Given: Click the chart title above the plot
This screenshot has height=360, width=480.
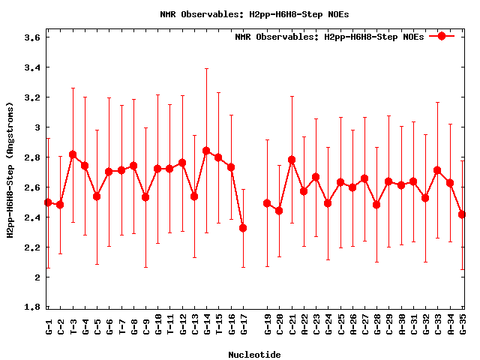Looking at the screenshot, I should point(254,13).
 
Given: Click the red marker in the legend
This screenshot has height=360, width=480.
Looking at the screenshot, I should point(442,36).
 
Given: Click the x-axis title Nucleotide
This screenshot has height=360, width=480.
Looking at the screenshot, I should point(254,355).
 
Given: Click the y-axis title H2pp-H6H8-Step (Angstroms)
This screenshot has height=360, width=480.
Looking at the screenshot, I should point(11,172).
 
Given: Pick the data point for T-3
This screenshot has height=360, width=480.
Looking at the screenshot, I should point(73,154).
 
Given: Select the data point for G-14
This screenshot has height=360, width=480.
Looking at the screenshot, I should point(206,151).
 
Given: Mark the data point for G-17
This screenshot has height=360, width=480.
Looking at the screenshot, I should point(243,228).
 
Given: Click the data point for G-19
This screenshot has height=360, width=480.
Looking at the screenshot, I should point(267,203).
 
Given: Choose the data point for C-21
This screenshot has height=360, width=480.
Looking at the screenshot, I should point(292,160).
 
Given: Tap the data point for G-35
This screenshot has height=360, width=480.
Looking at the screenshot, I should point(462,214).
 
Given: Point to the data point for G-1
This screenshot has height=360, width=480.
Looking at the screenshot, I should point(48,202).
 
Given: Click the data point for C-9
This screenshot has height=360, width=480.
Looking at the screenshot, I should point(145,197).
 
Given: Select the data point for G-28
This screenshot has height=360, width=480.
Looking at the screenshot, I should point(376,205).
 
